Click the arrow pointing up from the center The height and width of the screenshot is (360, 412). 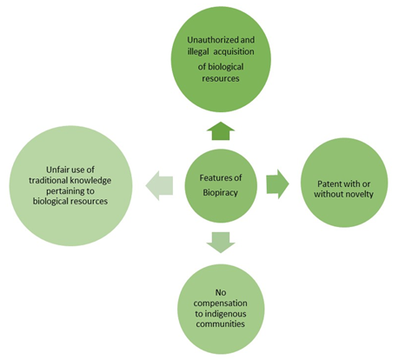pyautogui.click(x=221, y=131)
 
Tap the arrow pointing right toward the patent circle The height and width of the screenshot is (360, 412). pyautogui.click(x=277, y=184)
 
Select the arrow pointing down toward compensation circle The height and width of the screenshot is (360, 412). pyautogui.click(x=221, y=243)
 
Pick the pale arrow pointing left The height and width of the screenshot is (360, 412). pyautogui.click(x=159, y=185)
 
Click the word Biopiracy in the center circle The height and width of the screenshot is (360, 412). pyautogui.click(x=220, y=192)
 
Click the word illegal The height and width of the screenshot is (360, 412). pyautogui.click(x=198, y=51)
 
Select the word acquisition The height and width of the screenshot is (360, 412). pyautogui.click(x=234, y=51)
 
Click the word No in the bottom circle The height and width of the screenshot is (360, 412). pyautogui.click(x=221, y=292)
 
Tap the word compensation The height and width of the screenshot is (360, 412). pyautogui.click(x=221, y=303)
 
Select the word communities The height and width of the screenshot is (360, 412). pyautogui.click(x=220, y=323)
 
